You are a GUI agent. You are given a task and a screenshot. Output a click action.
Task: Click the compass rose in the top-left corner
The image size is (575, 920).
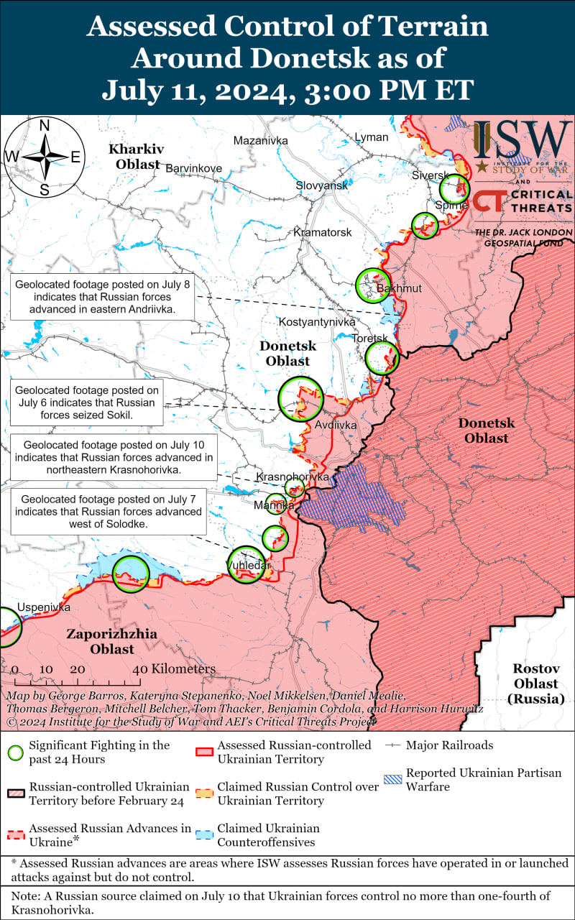[x=44, y=157]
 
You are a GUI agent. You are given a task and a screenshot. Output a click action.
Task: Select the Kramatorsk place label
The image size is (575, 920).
[x=323, y=233]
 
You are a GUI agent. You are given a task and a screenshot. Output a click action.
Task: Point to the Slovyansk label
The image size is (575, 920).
[x=322, y=185]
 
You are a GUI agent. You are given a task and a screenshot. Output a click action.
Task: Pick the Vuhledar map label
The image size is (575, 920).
[x=249, y=566]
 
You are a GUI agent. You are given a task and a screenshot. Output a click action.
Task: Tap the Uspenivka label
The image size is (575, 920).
[x=44, y=607]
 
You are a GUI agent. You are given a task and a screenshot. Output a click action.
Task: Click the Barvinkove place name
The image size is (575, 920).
[x=194, y=168]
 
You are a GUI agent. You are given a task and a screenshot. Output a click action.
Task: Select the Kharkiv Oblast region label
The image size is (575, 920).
[x=135, y=157]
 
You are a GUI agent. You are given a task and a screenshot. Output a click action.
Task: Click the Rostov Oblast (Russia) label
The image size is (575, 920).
[x=536, y=683]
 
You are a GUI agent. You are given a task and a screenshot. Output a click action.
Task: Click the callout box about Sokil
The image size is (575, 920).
[x=86, y=403]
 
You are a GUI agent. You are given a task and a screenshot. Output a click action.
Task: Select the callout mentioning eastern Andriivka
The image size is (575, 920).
[x=101, y=298]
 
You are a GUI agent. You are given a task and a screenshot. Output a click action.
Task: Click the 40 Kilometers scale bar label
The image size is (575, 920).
[x=173, y=669]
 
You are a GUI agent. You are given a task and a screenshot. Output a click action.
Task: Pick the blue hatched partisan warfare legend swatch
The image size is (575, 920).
[x=392, y=780]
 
